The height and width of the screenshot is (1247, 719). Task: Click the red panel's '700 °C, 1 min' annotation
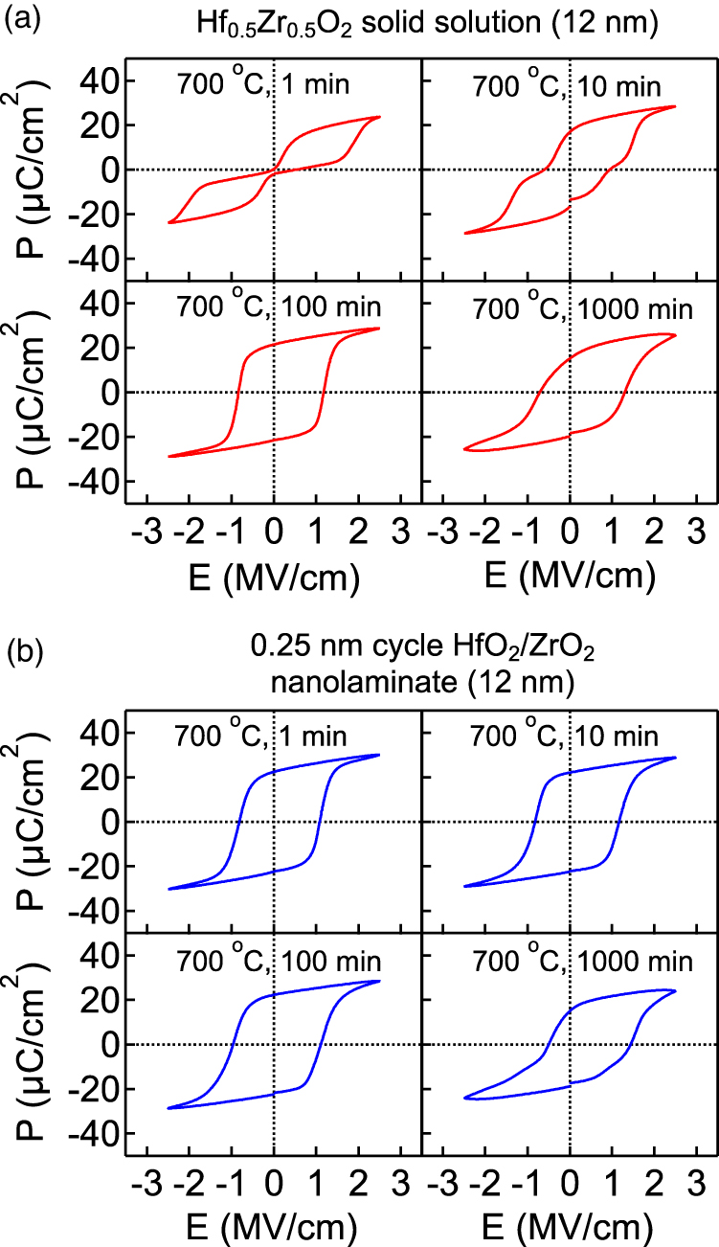(x=262, y=83)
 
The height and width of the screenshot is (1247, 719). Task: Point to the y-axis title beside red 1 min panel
(x=34, y=170)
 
